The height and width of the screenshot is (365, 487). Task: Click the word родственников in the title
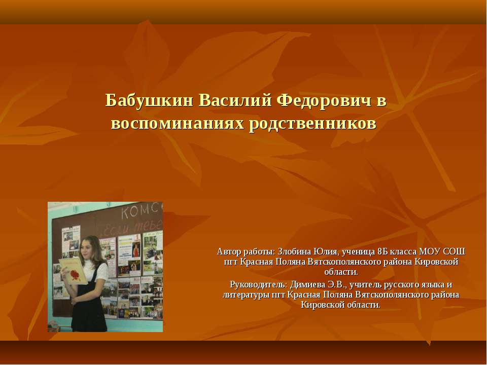pos(313,123)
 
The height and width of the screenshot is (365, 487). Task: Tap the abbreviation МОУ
pos(429,252)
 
